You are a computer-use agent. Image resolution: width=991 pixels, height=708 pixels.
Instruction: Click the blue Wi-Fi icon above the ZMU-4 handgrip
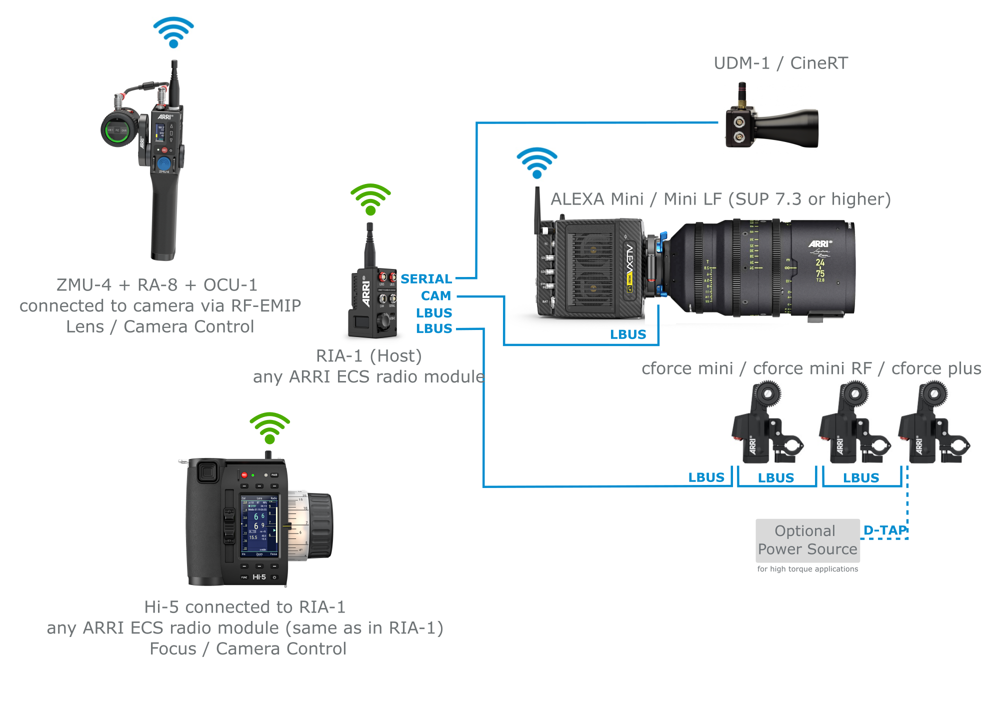(x=173, y=32)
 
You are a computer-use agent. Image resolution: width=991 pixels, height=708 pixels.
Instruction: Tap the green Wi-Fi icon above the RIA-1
(x=370, y=199)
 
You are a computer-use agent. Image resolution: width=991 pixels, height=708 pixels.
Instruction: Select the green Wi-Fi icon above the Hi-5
(x=269, y=428)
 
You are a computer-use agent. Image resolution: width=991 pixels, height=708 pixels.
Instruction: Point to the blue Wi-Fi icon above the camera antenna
(x=536, y=163)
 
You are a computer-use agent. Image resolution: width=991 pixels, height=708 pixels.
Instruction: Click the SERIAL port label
(x=426, y=279)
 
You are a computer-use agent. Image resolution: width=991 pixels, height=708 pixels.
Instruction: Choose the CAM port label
(x=435, y=296)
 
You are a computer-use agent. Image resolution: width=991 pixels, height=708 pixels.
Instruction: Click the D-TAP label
(x=884, y=530)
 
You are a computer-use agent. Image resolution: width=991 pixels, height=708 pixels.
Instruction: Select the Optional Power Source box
(x=807, y=540)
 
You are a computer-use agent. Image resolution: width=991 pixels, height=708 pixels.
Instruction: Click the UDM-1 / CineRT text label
(x=780, y=63)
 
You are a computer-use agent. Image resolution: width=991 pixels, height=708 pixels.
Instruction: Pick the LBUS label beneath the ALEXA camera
(x=628, y=334)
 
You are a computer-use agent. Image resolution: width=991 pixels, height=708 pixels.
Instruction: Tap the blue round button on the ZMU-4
(x=164, y=163)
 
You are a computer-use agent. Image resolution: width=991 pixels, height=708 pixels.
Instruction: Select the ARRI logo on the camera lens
(x=820, y=243)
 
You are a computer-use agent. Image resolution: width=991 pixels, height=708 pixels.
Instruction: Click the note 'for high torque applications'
(x=807, y=569)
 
